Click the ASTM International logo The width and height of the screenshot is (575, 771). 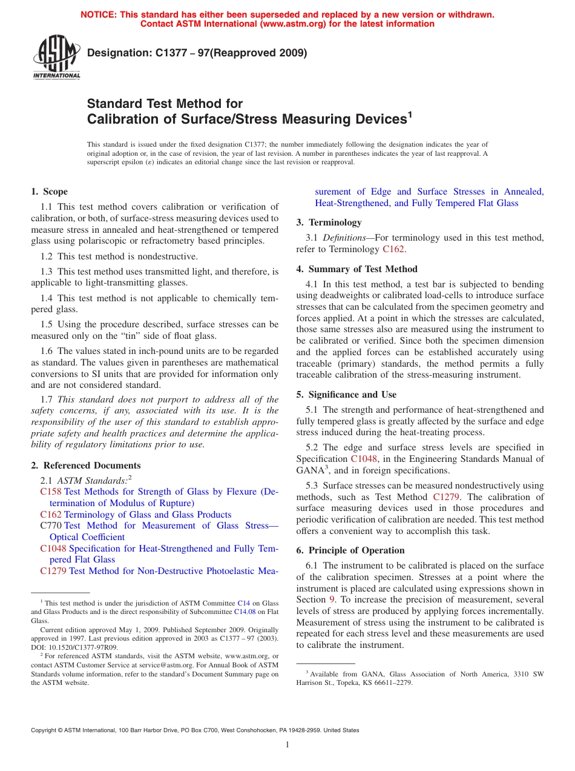(56, 58)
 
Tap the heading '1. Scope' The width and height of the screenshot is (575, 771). (49, 192)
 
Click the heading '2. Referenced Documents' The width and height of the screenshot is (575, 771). (85, 466)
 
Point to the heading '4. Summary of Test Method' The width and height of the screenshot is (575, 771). (356, 269)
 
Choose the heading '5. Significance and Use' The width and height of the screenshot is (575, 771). (346, 395)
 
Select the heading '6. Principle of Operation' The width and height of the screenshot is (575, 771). (350, 550)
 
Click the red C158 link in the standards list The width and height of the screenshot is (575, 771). (51, 492)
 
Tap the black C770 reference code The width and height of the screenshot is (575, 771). (51, 526)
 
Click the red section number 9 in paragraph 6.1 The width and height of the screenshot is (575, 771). (332, 599)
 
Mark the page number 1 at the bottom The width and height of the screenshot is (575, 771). (287, 745)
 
